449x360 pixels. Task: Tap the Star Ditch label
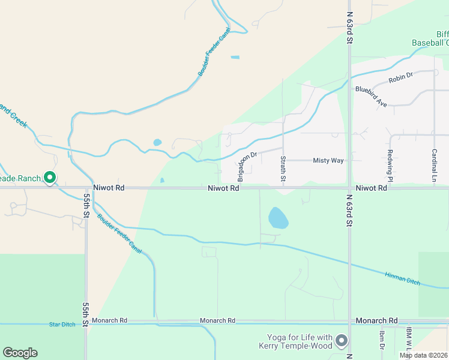(62, 325)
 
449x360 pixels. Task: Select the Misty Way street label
(328, 161)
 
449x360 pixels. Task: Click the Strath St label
(283, 169)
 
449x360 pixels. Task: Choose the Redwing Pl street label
(390, 166)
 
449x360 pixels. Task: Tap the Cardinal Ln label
(434, 166)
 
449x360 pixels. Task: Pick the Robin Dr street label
(401, 77)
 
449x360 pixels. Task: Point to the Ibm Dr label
(382, 339)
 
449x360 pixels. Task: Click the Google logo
(20, 353)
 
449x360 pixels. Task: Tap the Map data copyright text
(424, 355)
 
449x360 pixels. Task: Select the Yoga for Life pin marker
(342, 341)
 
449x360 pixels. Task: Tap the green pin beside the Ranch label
(50, 178)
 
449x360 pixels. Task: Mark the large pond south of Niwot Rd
(277, 218)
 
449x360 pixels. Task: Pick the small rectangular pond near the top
(235, 58)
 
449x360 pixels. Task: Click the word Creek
(19, 121)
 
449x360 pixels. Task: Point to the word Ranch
(29, 178)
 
